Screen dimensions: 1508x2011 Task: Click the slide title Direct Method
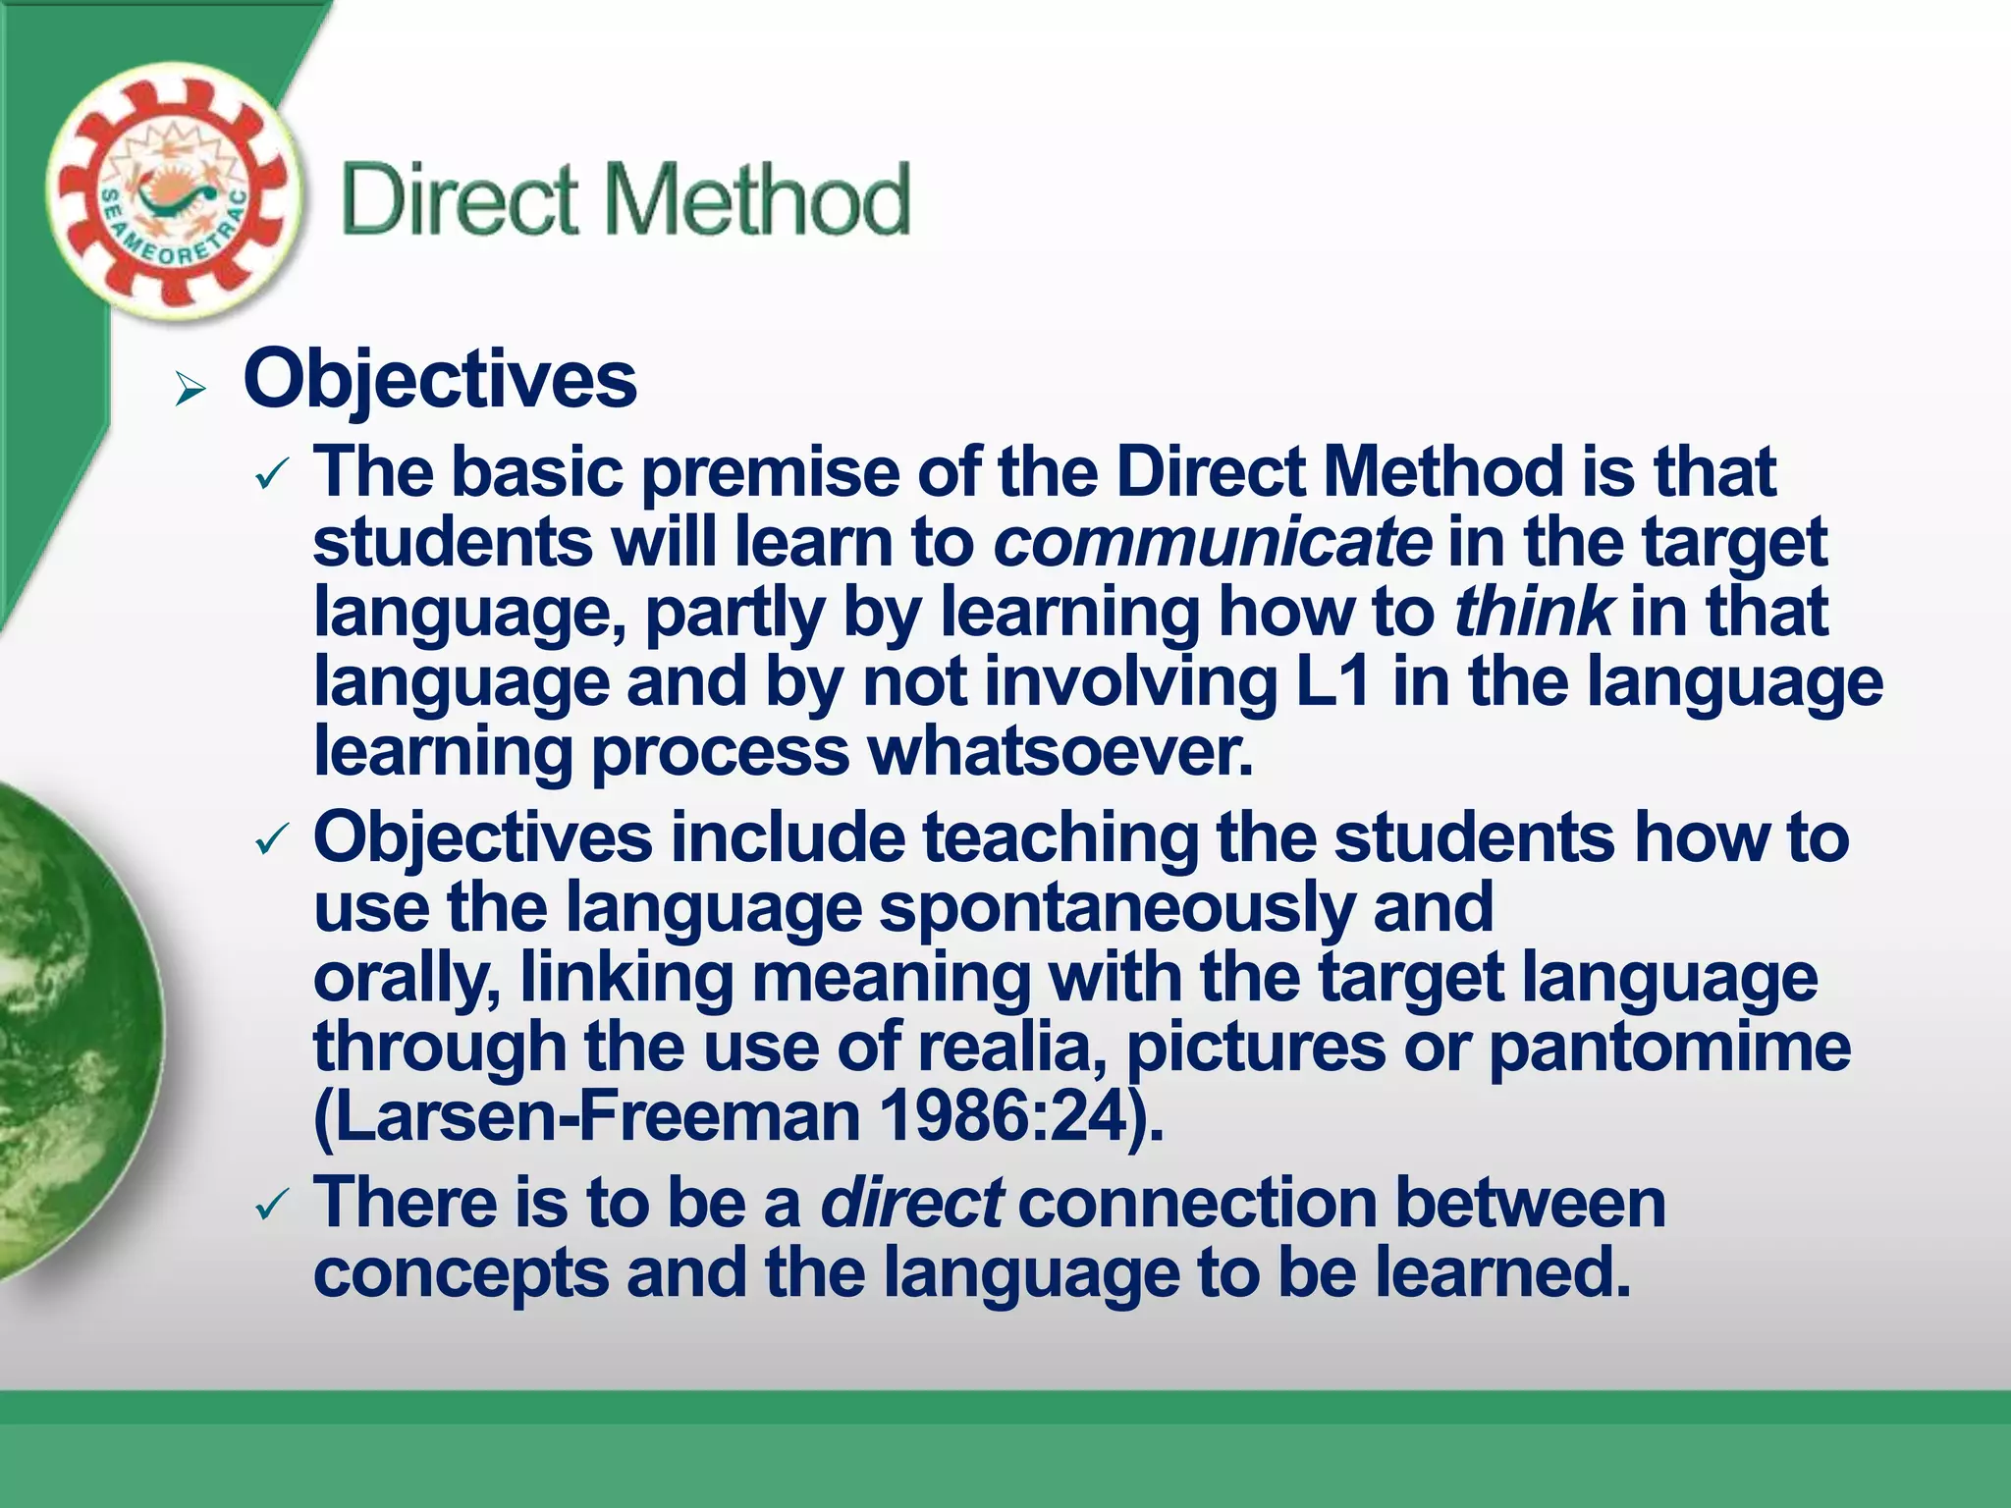point(626,200)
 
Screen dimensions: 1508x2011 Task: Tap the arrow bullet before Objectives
point(190,391)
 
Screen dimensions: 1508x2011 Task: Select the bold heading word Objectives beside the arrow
point(440,381)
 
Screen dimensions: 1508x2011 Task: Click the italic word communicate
point(1213,543)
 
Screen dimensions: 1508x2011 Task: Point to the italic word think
point(1532,612)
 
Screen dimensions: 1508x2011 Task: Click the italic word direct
point(911,1204)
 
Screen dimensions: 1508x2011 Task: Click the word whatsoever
point(1060,752)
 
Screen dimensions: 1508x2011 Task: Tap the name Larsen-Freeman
point(586,1117)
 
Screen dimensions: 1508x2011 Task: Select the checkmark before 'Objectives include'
point(270,841)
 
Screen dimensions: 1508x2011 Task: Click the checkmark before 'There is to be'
point(270,1207)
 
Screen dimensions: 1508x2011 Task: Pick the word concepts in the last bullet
point(461,1274)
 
